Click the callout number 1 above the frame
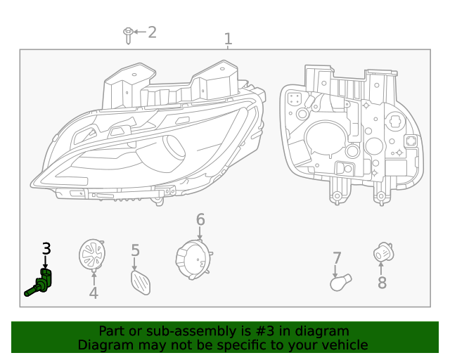point(228,39)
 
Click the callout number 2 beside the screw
point(152,32)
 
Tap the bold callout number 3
point(46,248)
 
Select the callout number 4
point(94,293)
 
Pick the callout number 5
point(135,250)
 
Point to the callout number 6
point(200,220)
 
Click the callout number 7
point(337,259)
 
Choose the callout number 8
point(382,283)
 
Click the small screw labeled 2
point(128,34)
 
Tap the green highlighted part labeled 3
point(41,283)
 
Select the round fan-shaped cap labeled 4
point(91,255)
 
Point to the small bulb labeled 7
point(340,283)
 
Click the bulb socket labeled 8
point(382,252)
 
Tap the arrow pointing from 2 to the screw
point(139,32)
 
